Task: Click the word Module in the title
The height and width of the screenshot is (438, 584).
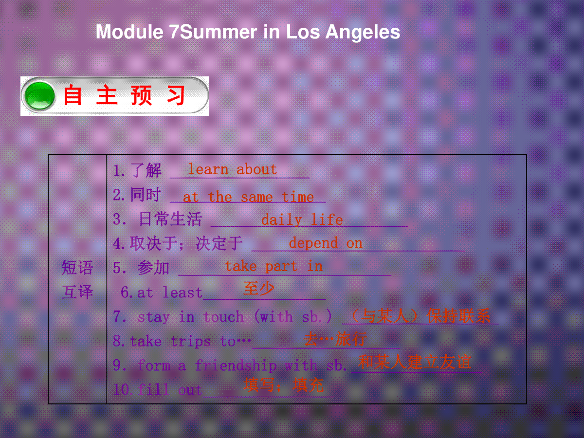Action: (x=129, y=32)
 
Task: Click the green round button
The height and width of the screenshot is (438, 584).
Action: (x=39, y=96)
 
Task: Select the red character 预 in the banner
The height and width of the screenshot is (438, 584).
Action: (x=141, y=95)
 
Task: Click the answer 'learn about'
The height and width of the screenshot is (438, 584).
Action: (x=233, y=169)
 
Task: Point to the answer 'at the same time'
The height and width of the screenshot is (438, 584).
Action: (x=248, y=197)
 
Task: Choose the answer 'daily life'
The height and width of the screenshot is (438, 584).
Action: (x=302, y=220)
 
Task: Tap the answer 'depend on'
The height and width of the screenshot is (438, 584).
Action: (x=326, y=243)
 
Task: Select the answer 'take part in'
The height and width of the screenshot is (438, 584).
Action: (x=274, y=267)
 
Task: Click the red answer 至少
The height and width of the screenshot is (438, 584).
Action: (x=258, y=288)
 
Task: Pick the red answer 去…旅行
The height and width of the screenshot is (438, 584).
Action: (x=335, y=339)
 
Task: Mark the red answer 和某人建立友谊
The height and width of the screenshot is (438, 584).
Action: (x=415, y=362)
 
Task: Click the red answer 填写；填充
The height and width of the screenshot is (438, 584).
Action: (x=284, y=385)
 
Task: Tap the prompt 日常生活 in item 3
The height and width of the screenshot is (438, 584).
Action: (x=170, y=219)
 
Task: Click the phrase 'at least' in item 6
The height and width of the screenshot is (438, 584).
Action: (x=169, y=292)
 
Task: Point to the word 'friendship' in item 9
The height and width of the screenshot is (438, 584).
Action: (x=236, y=365)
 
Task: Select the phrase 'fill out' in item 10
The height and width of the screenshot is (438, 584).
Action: (x=170, y=390)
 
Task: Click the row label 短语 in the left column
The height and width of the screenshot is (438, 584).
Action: (x=77, y=268)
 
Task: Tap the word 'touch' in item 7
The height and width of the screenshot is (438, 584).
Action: (x=223, y=317)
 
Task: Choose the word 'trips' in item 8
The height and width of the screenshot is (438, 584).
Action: (x=190, y=342)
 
